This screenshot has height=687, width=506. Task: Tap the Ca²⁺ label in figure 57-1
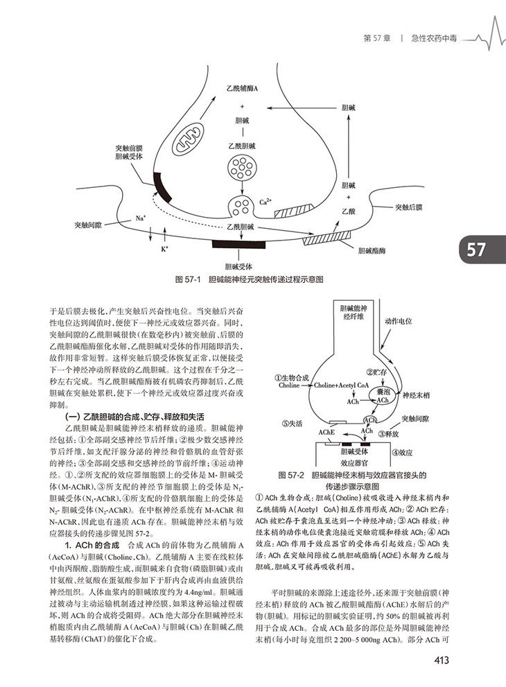[265, 202]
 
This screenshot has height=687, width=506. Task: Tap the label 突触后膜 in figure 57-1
[410, 207]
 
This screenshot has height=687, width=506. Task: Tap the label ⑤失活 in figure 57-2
[292, 421]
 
